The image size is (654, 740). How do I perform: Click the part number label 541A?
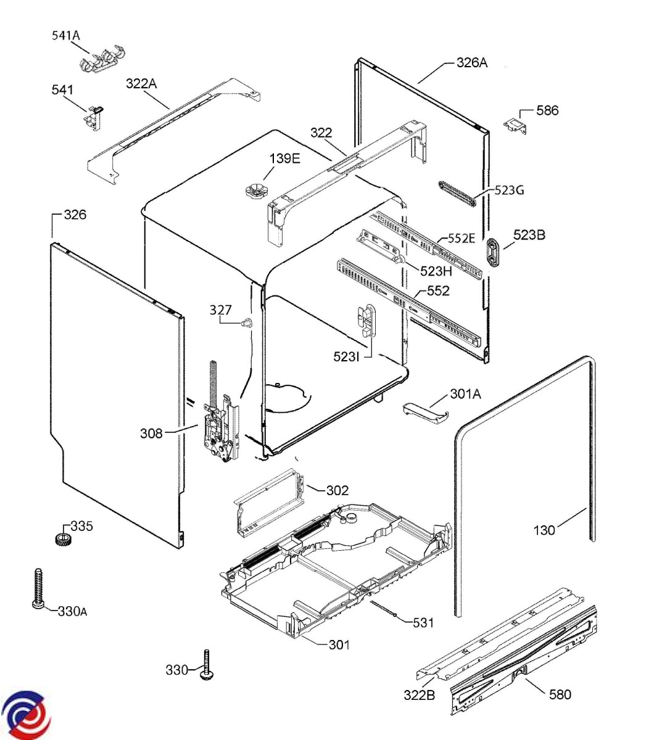[x=65, y=36]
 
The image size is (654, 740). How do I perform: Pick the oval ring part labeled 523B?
[x=495, y=253]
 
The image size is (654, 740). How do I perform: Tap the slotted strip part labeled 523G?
[x=457, y=193]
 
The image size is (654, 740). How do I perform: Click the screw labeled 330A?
[x=36, y=588]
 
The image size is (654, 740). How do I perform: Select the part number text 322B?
[x=420, y=695]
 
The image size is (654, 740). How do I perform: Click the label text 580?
[x=560, y=694]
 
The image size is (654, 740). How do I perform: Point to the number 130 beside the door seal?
[x=544, y=529]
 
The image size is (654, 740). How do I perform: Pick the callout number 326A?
[x=472, y=62]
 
